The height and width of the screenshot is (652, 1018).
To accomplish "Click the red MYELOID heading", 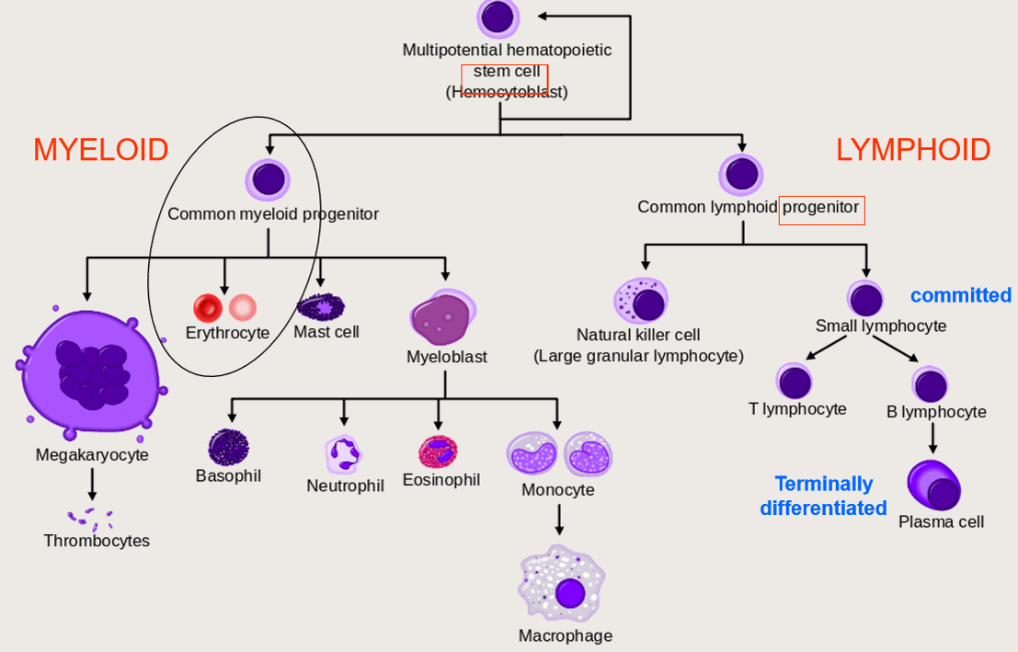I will (101, 149).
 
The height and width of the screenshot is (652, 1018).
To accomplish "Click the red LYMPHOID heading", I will (912, 149).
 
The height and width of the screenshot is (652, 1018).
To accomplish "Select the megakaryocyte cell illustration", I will (91, 368).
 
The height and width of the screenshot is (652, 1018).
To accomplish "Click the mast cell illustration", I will (321, 305).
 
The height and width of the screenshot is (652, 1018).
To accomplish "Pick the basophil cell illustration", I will (228, 447).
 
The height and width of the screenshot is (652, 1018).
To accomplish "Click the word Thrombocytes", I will (97, 541).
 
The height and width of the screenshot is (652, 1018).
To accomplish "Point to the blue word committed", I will (960, 295).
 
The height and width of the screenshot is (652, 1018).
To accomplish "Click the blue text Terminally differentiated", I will (823, 496).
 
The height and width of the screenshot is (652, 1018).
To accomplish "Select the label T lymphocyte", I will (797, 408).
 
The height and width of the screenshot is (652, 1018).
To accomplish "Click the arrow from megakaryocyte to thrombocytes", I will (92, 484).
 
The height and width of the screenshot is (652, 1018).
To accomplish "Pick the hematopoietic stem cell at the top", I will (498, 17).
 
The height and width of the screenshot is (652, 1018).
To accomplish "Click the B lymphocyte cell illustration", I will (931, 384).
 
